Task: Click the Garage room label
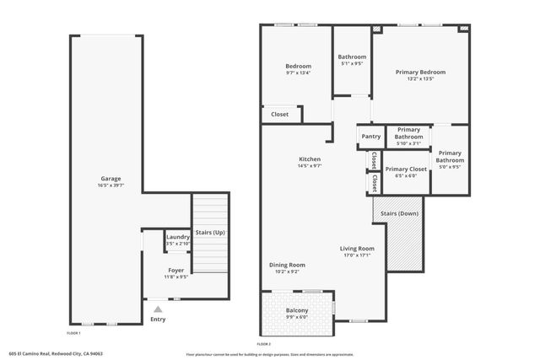point(111,179)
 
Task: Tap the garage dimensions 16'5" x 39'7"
point(111,185)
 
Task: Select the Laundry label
point(178,237)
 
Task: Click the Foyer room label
point(176,270)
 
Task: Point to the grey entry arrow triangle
point(157,309)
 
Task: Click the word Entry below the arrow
point(158,320)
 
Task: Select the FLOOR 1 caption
point(74,334)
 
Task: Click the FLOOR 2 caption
point(263,344)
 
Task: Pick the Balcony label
point(296,311)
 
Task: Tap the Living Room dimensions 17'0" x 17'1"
point(357,256)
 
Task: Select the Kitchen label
point(310,159)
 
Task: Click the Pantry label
point(370,137)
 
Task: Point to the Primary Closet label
point(406,169)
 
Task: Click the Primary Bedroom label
point(420,72)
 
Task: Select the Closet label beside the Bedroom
point(279,114)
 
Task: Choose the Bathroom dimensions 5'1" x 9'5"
point(352,63)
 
